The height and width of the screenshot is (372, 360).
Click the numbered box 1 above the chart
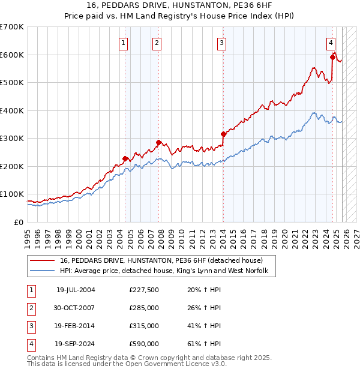click(x=123, y=43)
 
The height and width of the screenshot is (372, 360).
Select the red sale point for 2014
click(x=223, y=134)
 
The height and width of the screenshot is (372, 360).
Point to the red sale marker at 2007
click(x=158, y=142)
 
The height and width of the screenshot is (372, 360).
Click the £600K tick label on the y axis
click(x=12, y=55)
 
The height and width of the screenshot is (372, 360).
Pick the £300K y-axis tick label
click(x=12, y=139)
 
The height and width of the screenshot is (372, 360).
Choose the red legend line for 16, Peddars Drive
click(x=42, y=261)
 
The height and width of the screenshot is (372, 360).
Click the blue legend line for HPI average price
click(x=42, y=271)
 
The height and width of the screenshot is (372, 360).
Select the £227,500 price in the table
click(x=143, y=290)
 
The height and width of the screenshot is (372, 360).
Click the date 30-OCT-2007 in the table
click(x=75, y=308)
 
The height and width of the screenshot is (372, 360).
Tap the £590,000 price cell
click(x=143, y=344)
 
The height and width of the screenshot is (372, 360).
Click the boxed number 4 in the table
click(x=31, y=344)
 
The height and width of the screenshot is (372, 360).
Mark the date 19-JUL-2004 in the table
click(x=75, y=290)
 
